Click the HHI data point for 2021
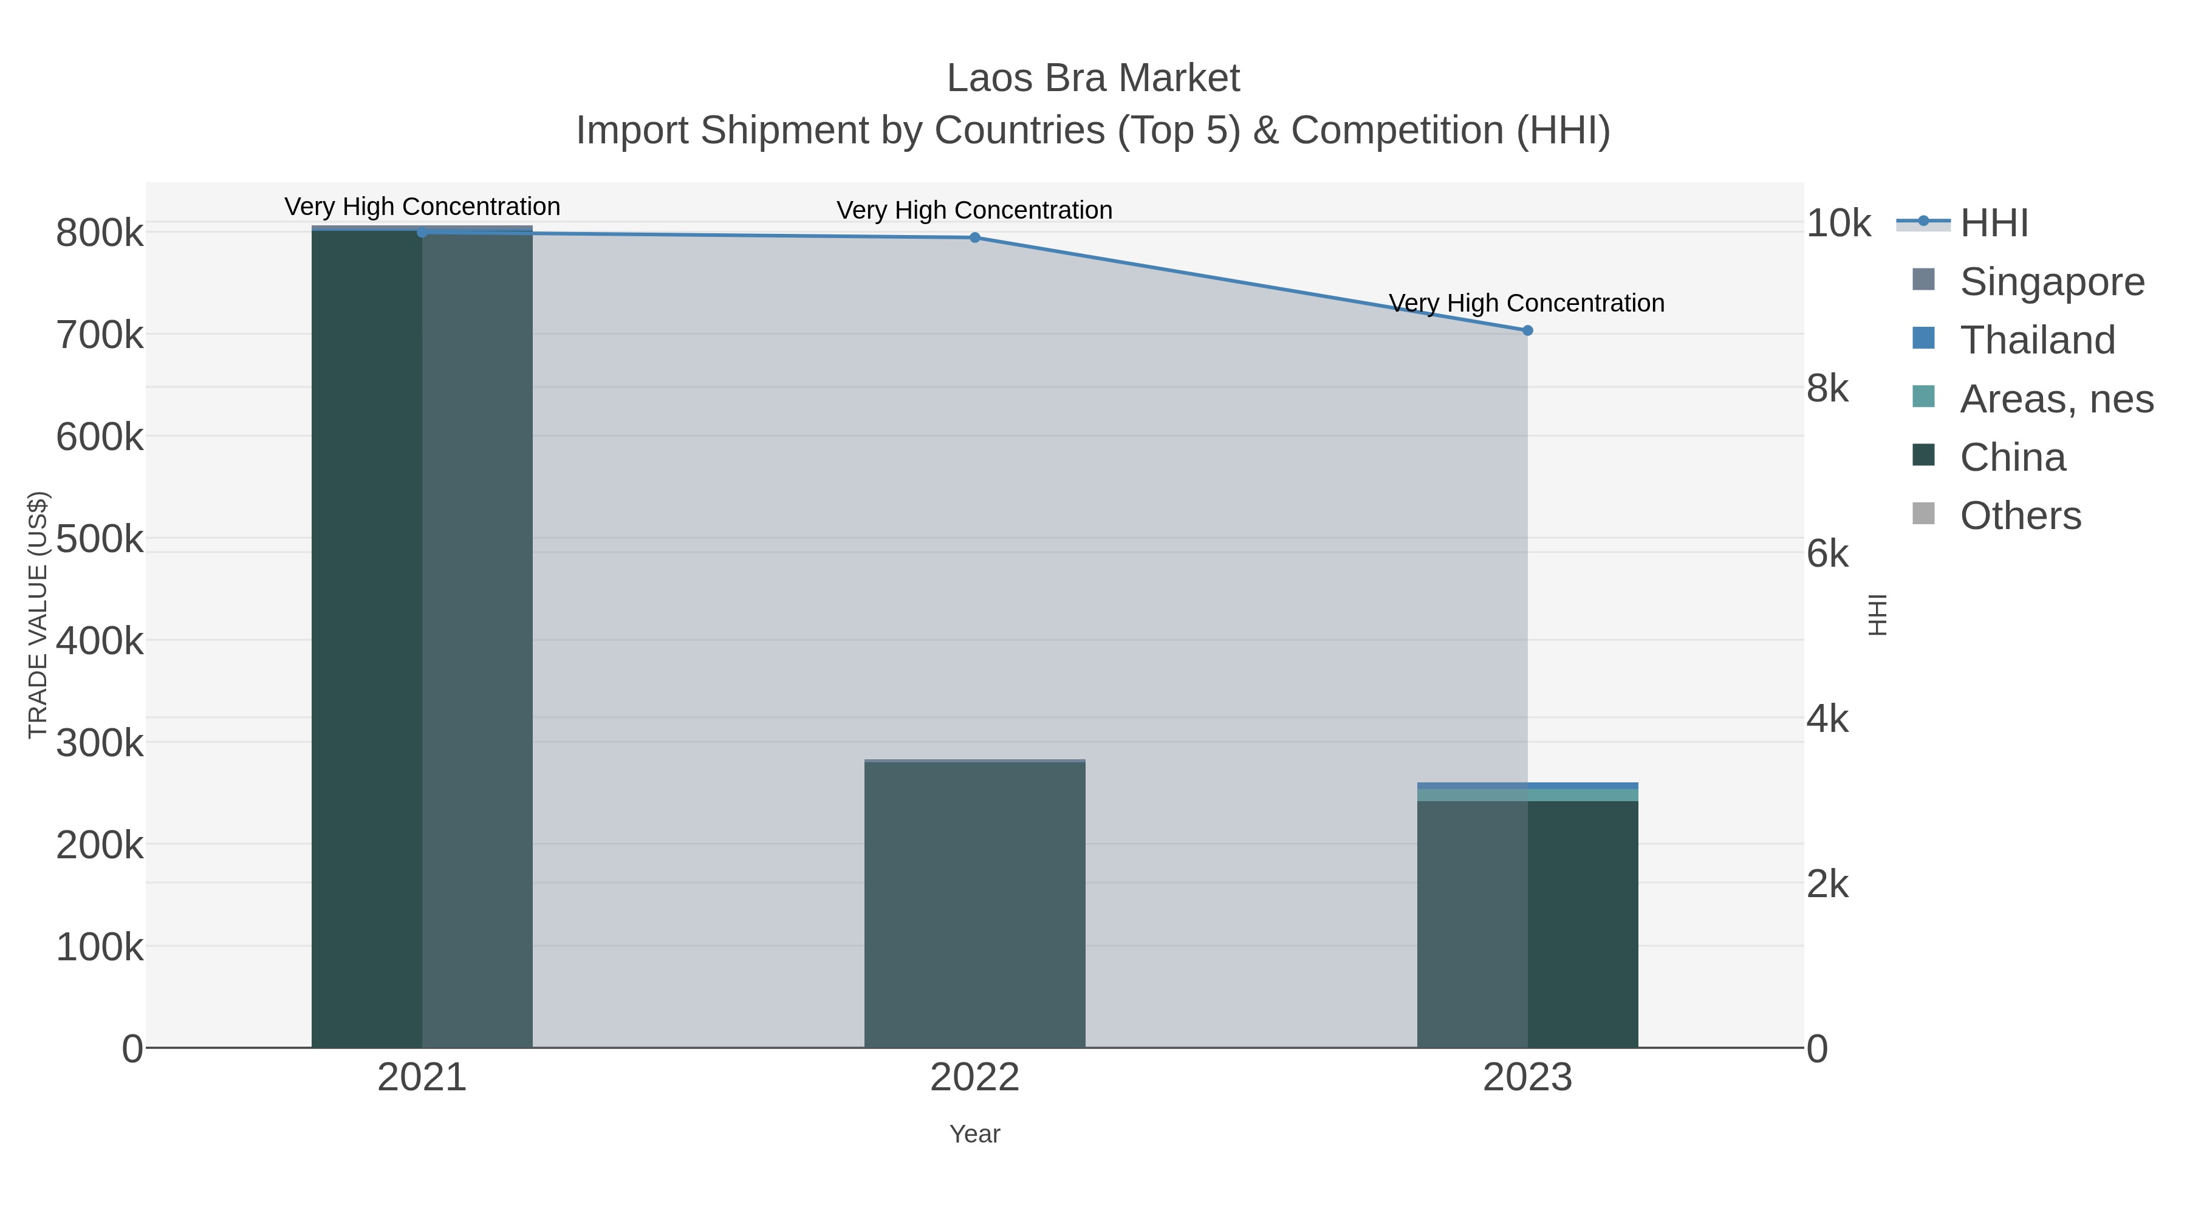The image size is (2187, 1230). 422,233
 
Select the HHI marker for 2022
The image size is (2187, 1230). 974,237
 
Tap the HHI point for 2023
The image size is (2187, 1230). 1527,330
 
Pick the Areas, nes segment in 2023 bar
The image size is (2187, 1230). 1527,794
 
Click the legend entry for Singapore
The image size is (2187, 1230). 2051,281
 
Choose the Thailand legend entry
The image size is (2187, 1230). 2037,340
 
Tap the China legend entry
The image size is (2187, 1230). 2012,457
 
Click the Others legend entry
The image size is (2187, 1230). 2020,515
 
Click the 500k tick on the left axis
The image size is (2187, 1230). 100,538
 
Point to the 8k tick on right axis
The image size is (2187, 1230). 1827,388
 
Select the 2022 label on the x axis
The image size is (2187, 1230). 974,1077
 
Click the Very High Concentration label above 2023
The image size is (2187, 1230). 1527,303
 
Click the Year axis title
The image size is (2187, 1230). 974,1133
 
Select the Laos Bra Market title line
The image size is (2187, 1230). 1093,78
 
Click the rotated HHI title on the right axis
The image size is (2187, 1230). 1877,615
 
